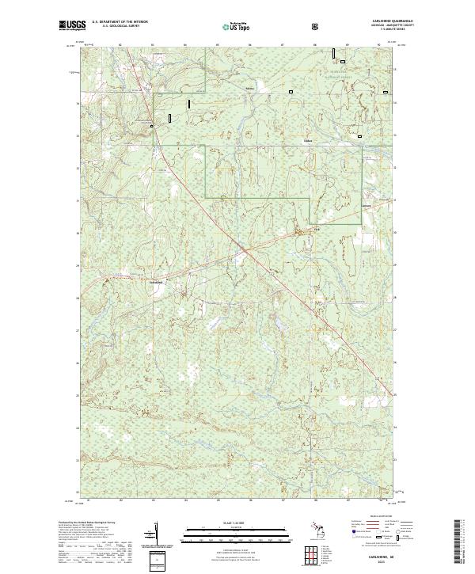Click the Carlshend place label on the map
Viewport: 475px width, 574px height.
point(156,282)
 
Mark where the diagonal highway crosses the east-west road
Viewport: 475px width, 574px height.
point(246,249)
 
